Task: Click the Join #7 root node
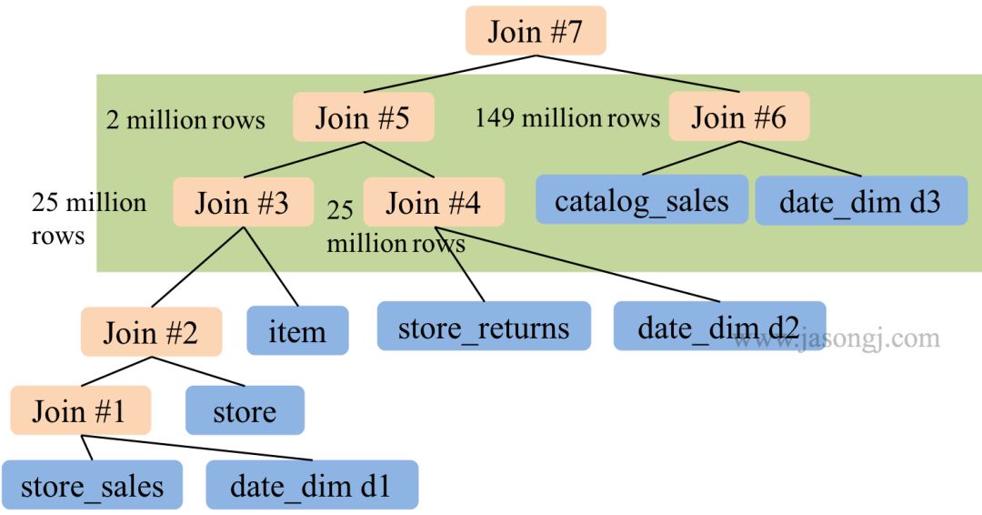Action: [535, 31]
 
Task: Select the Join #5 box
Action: [363, 117]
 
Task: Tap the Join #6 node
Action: [738, 117]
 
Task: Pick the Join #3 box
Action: [242, 202]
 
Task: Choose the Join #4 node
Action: [434, 202]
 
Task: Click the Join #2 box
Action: [150, 332]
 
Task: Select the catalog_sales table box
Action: [641, 200]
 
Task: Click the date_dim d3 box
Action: [860, 201]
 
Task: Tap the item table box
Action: [297, 330]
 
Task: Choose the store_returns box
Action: [484, 327]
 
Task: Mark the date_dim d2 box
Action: [718, 327]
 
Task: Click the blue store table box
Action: [244, 411]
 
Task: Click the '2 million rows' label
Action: [185, 120]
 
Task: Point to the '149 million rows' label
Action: [566, 118]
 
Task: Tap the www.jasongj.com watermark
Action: [837, 339]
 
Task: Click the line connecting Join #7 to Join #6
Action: [636, 73]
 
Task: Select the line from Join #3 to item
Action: [270, 266]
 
